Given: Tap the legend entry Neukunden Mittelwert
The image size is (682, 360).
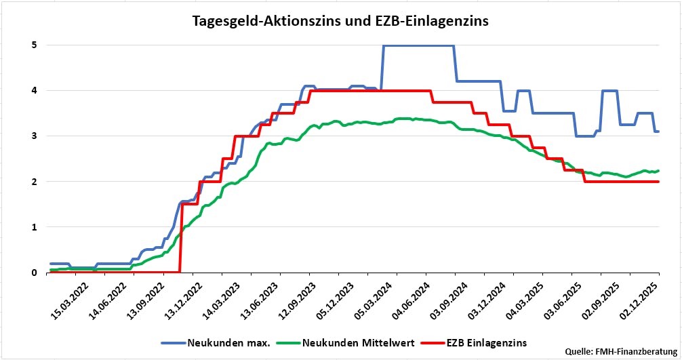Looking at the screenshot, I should pyautogui.click(x=353, y=342).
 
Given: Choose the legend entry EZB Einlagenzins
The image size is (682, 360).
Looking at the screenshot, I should pyautogui.click(x=485, y=342).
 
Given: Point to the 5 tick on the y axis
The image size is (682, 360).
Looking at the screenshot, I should pyautogui.click(x=33, y=45).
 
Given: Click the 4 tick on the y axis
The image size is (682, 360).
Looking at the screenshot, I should pyautogui.click(x=33, y=91).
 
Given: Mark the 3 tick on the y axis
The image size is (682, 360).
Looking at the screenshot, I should pyautogui.click(x=33, y=136).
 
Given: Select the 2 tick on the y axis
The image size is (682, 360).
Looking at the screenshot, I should pyautogui.click(x=33, y=182).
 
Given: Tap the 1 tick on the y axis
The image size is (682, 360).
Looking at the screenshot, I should pyautogui.click(x=33, y=227).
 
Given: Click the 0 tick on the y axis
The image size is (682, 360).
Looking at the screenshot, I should pyautogui.click(x=33, y=273).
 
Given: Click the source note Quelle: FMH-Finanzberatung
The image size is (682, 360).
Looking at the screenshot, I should pyautogui.click(x=622, y=351).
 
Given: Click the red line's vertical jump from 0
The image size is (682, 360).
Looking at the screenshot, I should pyautogui.click(x=180, y=237).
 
